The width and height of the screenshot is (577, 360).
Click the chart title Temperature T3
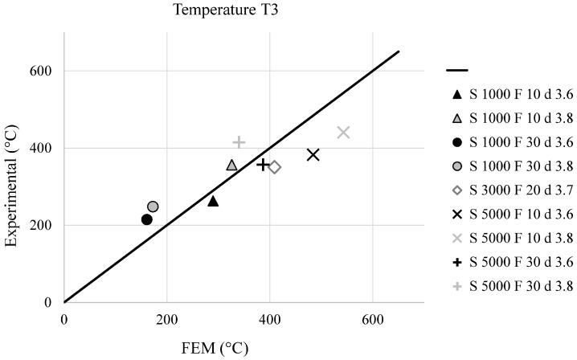point(215,10)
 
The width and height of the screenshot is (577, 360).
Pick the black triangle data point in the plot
point(213,201)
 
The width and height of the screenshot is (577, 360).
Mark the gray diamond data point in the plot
point(274,167)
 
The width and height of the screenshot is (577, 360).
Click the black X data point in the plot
point(313,154)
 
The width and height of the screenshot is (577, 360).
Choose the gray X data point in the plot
point(343,132)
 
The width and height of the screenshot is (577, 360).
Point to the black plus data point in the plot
point(262,164)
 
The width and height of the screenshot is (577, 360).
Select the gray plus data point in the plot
point(239,142)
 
